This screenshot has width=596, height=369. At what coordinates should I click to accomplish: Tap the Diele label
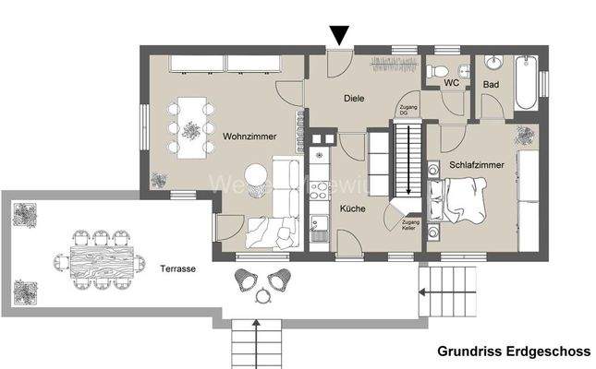tap(354, 97)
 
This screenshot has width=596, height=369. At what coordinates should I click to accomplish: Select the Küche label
tap(351, 209)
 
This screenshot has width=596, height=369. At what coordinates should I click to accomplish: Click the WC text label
tap(452, 84)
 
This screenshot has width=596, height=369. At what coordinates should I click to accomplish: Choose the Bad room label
tap(491, 85)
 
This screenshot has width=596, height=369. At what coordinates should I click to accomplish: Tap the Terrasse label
tap(176, 268)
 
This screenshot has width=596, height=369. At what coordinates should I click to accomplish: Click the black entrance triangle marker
tap(340, 35)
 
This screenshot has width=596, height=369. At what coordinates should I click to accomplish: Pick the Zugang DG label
tap(407, 109)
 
